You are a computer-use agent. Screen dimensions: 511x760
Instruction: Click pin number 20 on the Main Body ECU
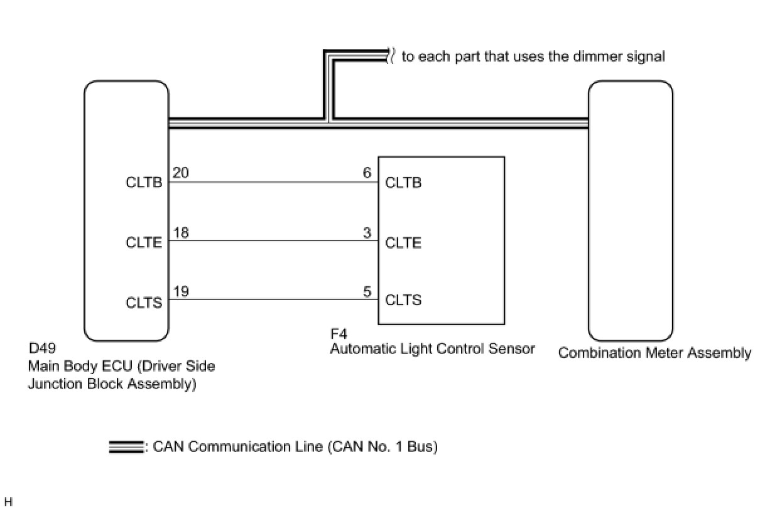(x=180, y=173)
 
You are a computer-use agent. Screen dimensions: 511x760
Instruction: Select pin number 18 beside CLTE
(x=180, y=233)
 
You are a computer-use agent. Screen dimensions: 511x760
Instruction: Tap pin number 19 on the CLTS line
(x=180, y=292)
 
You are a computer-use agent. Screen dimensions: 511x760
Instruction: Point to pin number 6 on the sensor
(x=367, y=173)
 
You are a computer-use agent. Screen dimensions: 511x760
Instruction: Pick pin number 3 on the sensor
(x=367, y=233)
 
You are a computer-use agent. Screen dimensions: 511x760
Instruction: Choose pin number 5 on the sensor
(x=367, y=292)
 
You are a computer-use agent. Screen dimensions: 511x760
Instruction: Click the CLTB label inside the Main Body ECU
(x=144, y=183)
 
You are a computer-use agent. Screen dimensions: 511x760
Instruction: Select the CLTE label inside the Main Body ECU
(x=144, y=243)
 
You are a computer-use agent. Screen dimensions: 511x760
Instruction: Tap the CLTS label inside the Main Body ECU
(x=144, y=303)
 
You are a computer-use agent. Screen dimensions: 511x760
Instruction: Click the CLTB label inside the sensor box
(x=403, y=183)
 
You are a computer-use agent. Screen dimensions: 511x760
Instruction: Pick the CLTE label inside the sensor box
(x=403, y=243)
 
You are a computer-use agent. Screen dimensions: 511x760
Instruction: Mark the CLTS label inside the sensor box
(x=403, y=300)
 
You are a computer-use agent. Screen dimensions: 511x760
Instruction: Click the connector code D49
(x=42, y=348)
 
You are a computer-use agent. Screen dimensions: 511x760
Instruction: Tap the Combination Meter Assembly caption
(x=654, y=353)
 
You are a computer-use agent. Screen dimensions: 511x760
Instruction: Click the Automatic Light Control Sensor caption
(x=432, y=349)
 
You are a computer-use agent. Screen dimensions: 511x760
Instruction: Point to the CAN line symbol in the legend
(x=126, y=447)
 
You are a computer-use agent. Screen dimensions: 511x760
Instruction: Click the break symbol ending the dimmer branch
(x=391, y=56)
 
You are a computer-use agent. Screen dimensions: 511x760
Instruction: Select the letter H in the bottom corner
(x=8, y=502)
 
